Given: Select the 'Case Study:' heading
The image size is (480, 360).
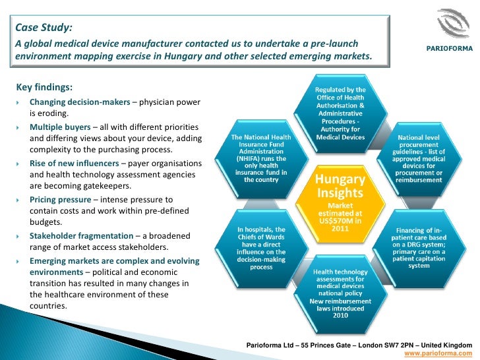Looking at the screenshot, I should pyautogui.click(x=44, y=27).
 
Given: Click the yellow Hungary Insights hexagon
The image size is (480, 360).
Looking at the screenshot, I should pyautogui.click(x=339, y=200).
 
